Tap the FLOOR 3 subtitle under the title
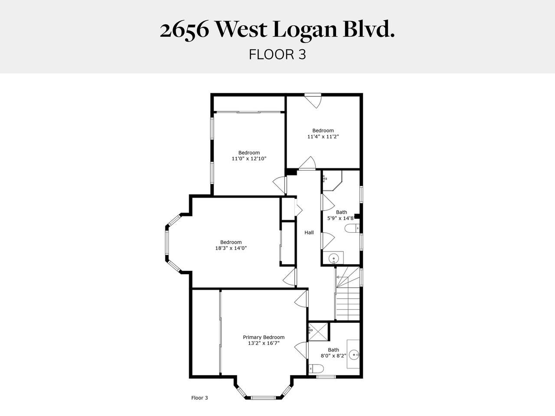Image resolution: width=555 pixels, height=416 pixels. (x=277, y=55)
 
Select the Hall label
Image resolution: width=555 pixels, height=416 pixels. (x=309, y=233)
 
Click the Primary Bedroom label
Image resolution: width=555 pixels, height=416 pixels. (x=264, y=337)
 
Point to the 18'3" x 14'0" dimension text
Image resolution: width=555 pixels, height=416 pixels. (x=231, y=248)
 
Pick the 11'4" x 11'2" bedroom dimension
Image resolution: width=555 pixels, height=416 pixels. (x=323, y=136)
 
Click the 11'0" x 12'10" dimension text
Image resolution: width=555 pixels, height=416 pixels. (x=249, y=159)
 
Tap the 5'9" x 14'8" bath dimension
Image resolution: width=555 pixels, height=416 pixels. (x=340, y=218)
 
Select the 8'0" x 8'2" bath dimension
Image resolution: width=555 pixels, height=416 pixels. (x=333, y=356)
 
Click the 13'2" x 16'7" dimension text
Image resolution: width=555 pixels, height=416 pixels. (x=264, y=343)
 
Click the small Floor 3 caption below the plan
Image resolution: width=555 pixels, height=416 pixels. (x=199, y=398)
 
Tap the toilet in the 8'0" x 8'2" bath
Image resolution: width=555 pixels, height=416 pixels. (x=316, y=369)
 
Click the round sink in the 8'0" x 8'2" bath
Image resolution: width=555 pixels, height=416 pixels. (x=354, y=354)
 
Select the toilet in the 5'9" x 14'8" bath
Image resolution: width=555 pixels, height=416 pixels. (x=352, y=228)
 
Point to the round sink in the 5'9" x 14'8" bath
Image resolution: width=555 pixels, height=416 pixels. (x=334, y=259)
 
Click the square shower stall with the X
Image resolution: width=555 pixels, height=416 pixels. (x=318, y=331)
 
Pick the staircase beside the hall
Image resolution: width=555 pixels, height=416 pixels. (x=348, y=294)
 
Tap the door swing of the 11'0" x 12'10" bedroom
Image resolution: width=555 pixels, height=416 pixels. (x=280, y=185)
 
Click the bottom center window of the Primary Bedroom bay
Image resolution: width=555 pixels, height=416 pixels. (x=263, y=398)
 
